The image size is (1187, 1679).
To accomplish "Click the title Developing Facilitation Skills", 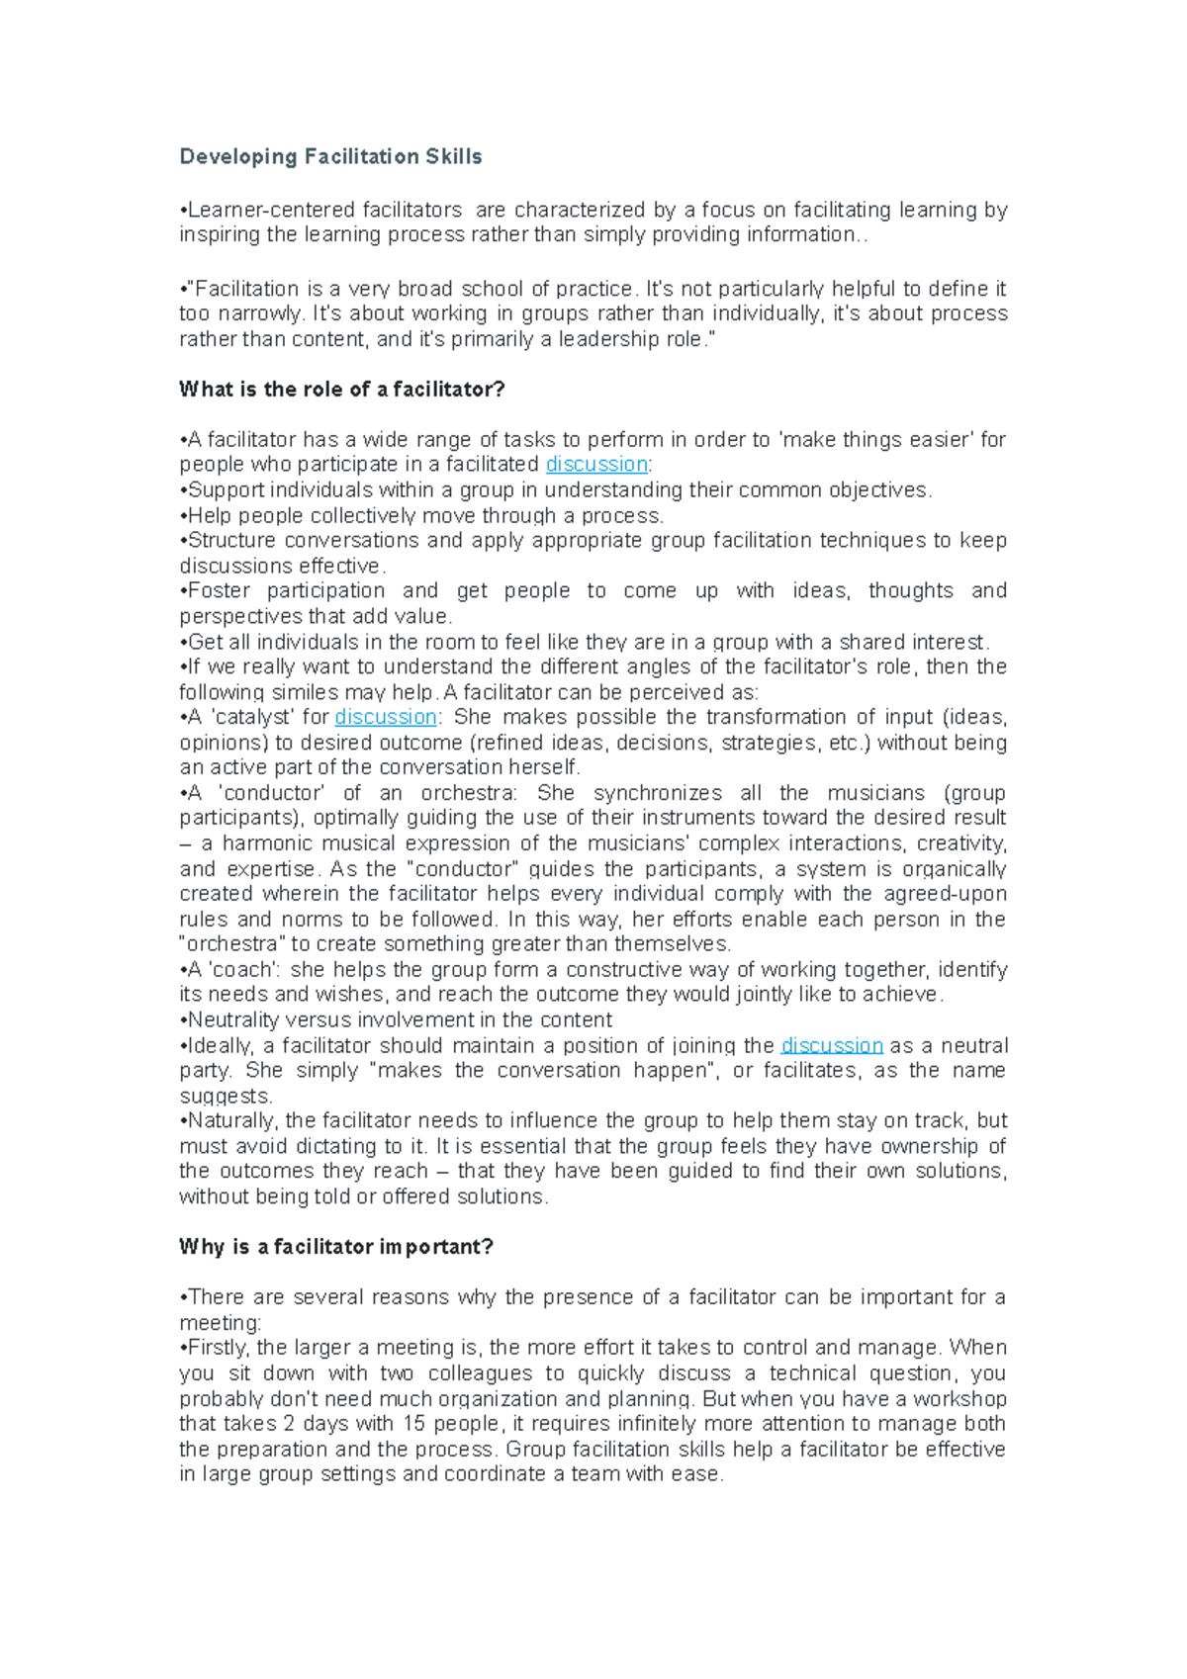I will click(x=330, y=156).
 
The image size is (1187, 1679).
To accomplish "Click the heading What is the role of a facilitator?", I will click(x=341, y=390).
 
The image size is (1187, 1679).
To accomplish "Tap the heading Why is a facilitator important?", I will click(x=335, y=1247).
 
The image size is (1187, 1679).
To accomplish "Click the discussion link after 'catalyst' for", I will click(x=386, y=717).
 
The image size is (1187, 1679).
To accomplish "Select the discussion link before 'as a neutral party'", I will click(x=832, y=1046).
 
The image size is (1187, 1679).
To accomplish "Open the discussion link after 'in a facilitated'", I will click(x=596, y=465).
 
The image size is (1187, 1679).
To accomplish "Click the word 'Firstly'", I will click(x=219, y=1348).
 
